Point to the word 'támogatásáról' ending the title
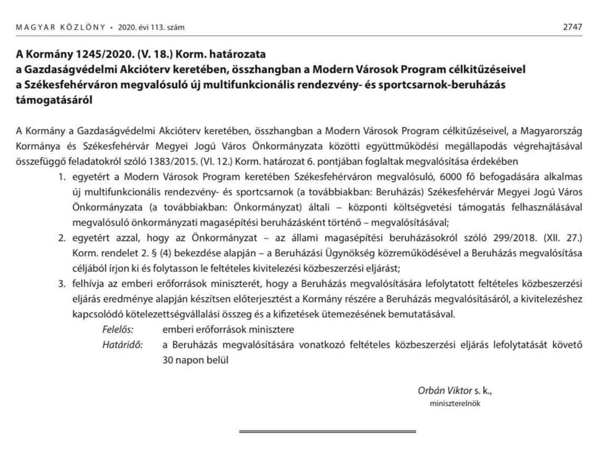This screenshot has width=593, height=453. pyautogui.click(x=57, y=99)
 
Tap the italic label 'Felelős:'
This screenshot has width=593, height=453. pyautogui.click(x=117, y=329)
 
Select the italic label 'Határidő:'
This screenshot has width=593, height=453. pyautogui.click(x=122, y=344)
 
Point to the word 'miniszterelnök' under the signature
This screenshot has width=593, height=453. pyautogui.click(x=455, y=404)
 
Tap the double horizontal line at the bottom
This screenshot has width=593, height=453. pyautogui.click(x=327, y=431)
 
